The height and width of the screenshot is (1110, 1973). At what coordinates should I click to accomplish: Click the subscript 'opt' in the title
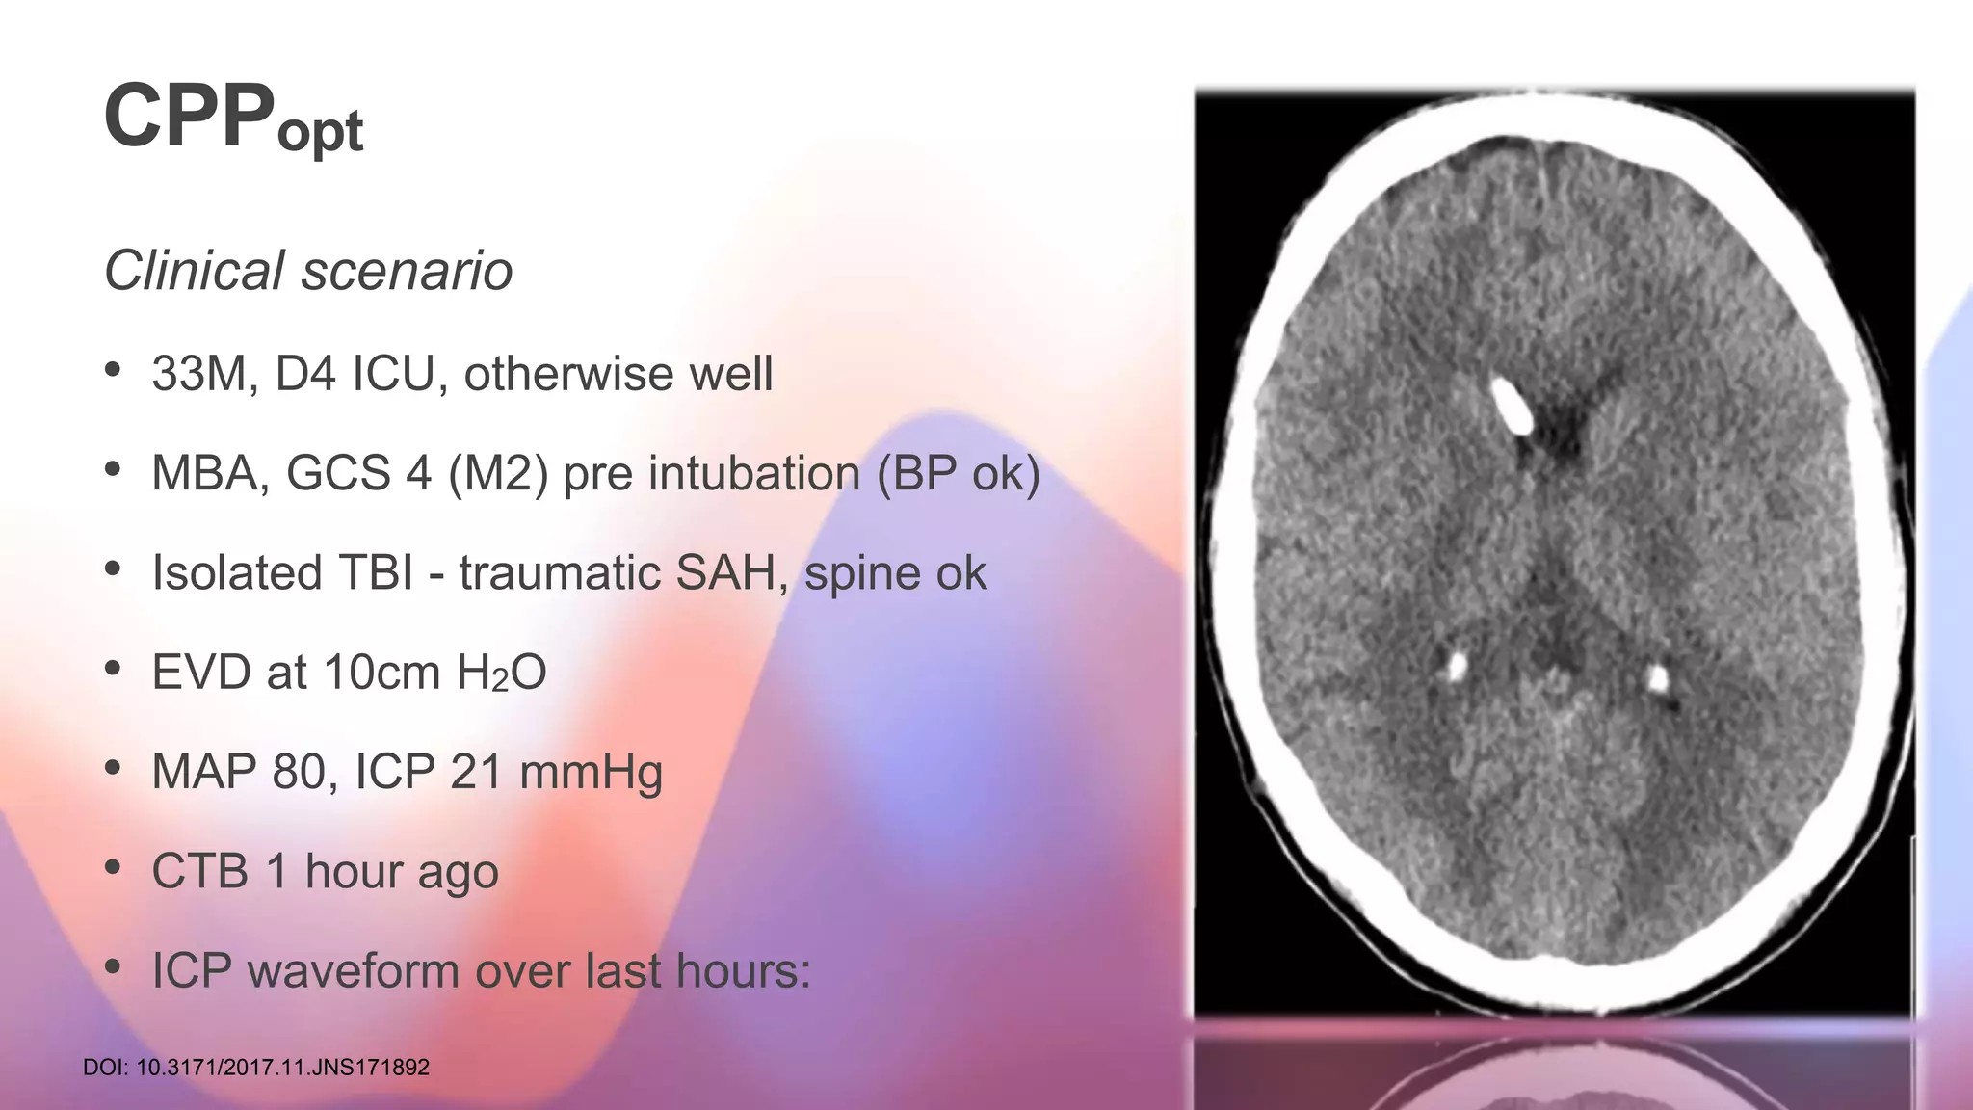point(320,132)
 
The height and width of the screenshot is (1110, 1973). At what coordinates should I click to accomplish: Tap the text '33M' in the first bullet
point(197,374)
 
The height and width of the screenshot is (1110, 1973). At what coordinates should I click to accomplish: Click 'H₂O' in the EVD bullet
point(501,673)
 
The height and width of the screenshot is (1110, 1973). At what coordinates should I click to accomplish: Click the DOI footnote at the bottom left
point(256,1068)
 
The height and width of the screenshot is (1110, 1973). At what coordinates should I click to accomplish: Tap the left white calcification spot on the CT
point(1457,664)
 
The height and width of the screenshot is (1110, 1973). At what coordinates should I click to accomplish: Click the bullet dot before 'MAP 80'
point(114,767)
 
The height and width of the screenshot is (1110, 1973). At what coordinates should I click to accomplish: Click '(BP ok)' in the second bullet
point(959,473)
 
